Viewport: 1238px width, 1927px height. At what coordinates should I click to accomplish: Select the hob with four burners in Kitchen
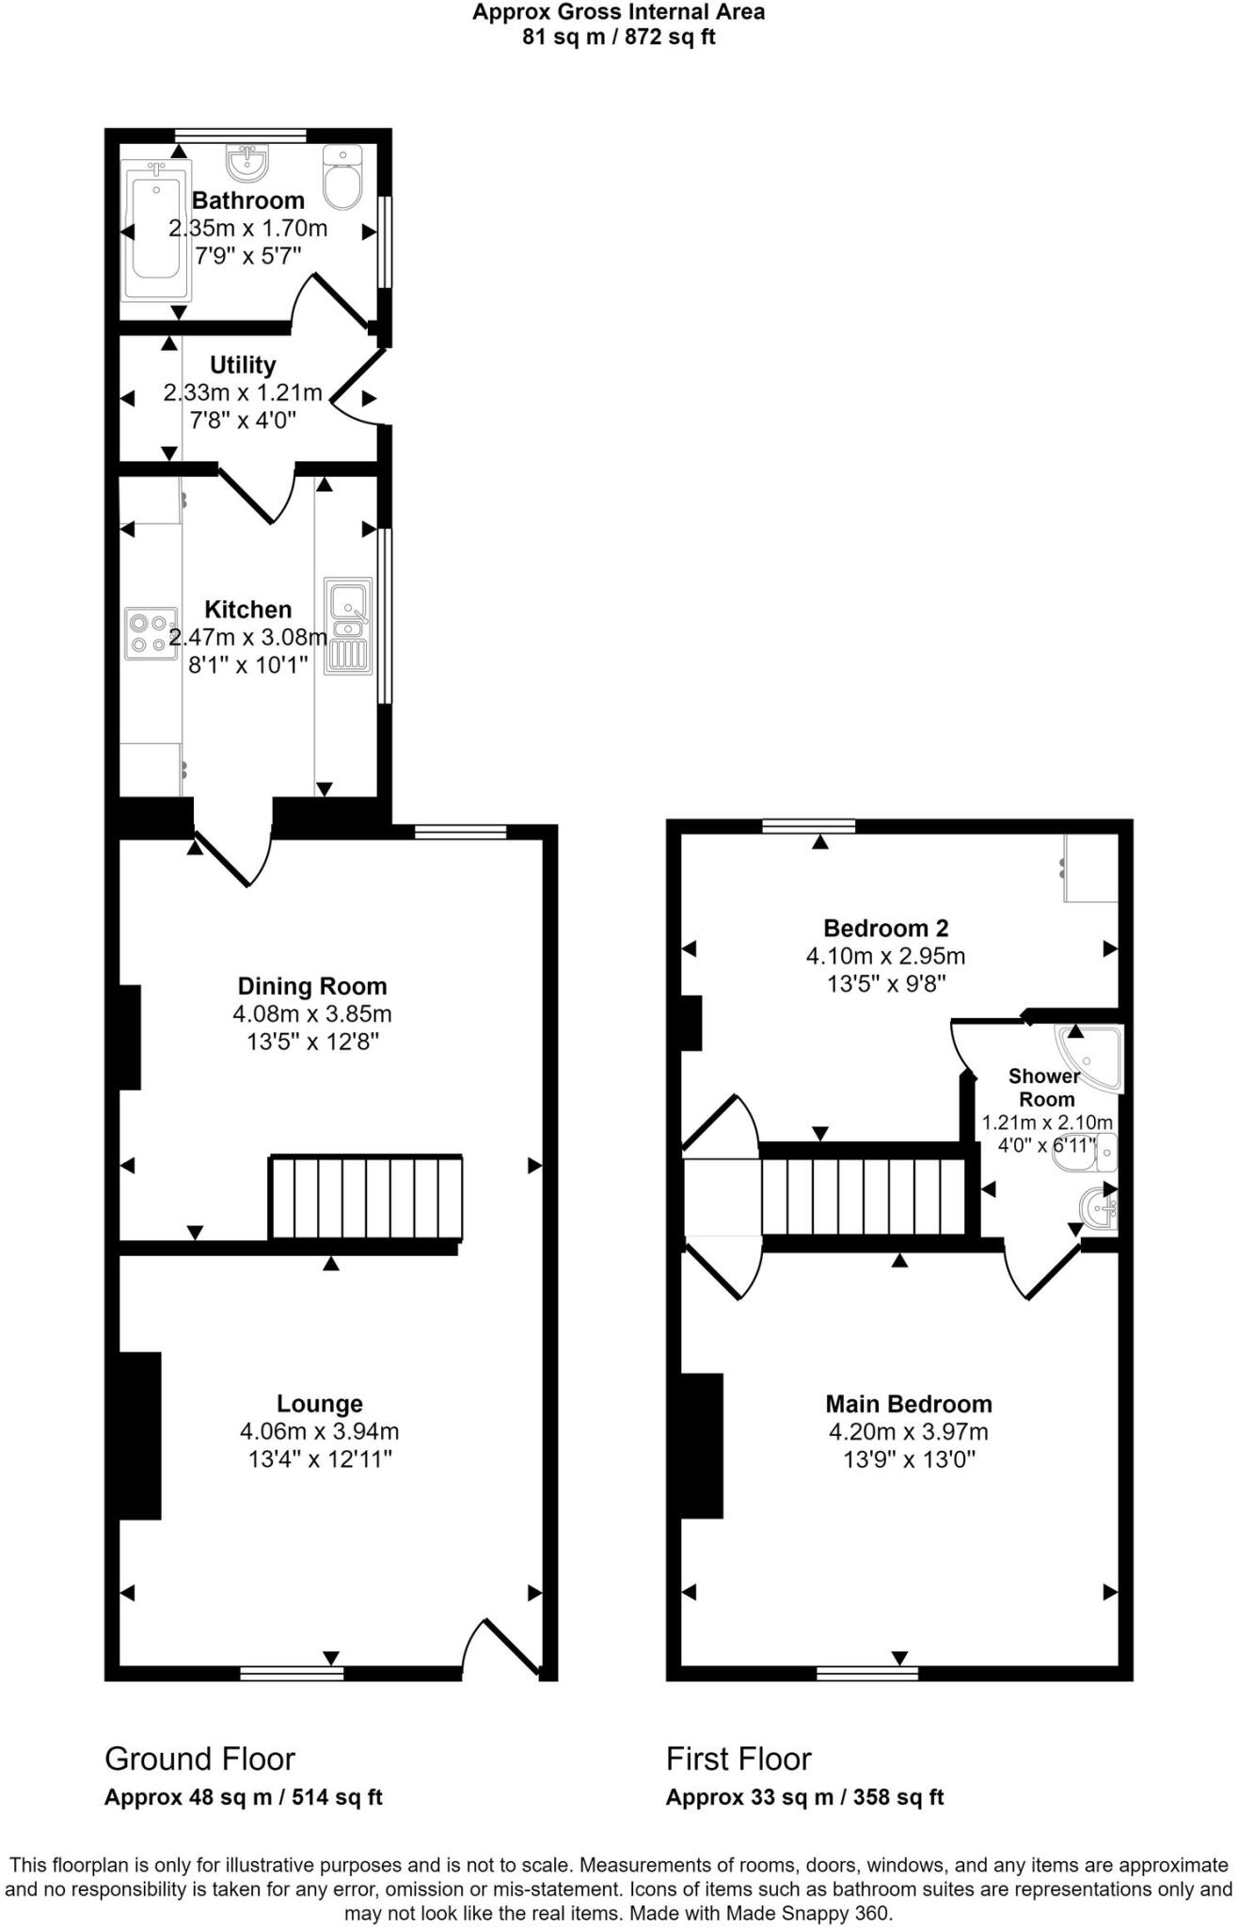[x=151, y=632]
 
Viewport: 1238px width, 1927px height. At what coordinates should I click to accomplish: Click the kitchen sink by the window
[x=349, y=626]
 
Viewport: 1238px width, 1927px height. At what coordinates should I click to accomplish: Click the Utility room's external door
[x=356, y=386]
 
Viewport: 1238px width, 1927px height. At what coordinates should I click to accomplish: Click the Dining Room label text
[x=311, y=986]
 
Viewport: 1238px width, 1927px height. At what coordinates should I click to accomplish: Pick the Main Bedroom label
[x=908, y=1404]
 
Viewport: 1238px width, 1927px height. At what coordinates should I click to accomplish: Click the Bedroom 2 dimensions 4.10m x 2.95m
[x=884, y=956]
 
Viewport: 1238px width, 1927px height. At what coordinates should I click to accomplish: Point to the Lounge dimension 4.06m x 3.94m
[x=319, y=1431]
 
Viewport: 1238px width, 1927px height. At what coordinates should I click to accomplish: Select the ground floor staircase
[x=366, y=1197]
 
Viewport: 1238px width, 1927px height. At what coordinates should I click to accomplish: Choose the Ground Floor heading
[x=199, y=1759]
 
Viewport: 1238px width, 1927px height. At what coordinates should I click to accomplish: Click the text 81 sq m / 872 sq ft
[x=618, y=38]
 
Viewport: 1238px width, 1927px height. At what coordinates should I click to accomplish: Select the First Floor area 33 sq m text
[x=804, y=1797]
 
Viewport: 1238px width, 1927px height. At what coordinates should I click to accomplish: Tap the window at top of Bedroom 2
[x=808, y=826]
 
